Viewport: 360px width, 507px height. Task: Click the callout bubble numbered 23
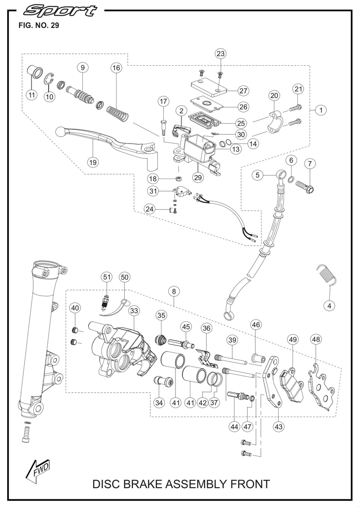pyautogui.click(x=220, y=54)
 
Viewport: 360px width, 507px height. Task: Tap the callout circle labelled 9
pyautogui.click(x=83, y=68)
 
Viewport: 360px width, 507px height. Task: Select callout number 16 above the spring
pyautogui.click(x=116, y=68)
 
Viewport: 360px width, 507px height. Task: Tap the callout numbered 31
pyautogui.click(x=154, y=191)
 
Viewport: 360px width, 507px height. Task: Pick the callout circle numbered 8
pyautogui.click(x=174, y=291)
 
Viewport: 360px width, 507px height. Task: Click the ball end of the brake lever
pyautogui.click(x=62, y=131)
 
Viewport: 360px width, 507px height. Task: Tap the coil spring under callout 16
pyautogui.click(x=118, y=113)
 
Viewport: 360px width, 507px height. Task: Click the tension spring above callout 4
pyautogui.click(x=326, y=274)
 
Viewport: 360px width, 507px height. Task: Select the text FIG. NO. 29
pyautogui.click(x=38, y=26)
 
